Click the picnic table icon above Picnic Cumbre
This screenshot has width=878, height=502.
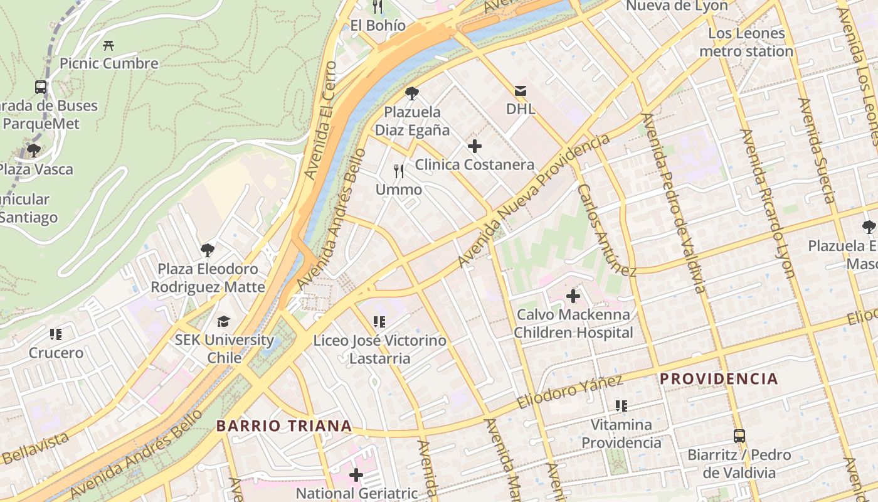pyautogui.click(x=108, y=45)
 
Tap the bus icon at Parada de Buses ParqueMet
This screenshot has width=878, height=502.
pyautogui.click(x=41, y=87)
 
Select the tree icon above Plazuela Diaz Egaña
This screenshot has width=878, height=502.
pyautogui.click(x=412, y=94)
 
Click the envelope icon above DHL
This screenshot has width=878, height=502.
pyautogui.click(x=521, y=91)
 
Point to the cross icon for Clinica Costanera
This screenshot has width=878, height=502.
pyautogui.click(x=475, y=147)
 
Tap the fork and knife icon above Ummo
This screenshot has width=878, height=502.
pyautogui.click(x=399, y=171)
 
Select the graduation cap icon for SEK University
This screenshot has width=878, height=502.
pyautogui.click(x=224, y=322)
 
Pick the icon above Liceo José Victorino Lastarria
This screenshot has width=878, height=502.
pyautogui.click(x=379, y=323)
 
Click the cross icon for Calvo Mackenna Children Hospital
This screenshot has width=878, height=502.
pyautogui.click(x=573, y=296)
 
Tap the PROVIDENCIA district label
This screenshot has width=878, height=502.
pyautogui.click(x=719, y=379)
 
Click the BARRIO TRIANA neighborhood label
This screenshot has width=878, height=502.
pyautogui.click(x=284, y=426)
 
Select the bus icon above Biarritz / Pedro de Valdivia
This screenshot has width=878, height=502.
pyautogui.click(x=739, y=436)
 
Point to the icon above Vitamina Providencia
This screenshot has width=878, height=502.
pyautogui.click(x=621, y=406)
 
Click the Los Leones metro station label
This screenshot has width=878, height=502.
pyautogui.click(x=746, y=42)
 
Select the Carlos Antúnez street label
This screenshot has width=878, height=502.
pyautogui.click(x=606, y=230)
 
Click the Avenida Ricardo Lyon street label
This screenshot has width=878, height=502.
pyautogui.click(x=768, y=203)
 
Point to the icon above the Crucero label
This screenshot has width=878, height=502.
pyautogui.click(x=56, y=334)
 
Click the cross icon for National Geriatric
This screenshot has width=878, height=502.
pyautogui.click(x=356, y=475)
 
